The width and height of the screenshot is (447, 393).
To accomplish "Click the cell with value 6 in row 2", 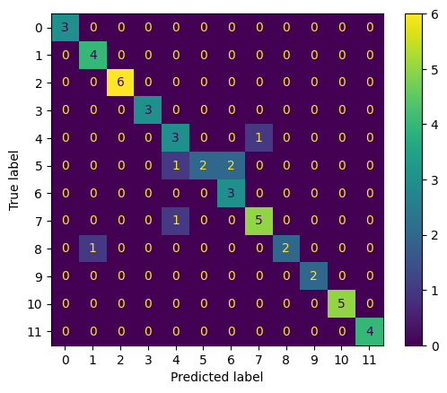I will (120, 83).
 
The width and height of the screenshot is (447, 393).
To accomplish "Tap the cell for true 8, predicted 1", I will (92, 249).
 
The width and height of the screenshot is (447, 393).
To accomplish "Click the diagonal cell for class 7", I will (259, 221).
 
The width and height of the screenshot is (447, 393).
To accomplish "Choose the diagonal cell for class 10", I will (341, 304).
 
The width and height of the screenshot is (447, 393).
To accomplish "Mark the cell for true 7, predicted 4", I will (176, 221).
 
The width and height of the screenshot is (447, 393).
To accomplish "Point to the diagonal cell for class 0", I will (66, 28).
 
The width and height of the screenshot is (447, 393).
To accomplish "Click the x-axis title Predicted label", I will (217, 378).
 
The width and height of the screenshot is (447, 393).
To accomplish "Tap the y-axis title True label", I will (13, 179).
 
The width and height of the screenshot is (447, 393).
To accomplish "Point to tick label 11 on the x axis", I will (369, 360).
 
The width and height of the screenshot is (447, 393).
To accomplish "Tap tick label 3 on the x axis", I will (148, 360).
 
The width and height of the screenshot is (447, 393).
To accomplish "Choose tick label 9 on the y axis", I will (38, 276).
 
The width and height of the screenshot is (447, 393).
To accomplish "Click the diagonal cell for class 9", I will (313, 276).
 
